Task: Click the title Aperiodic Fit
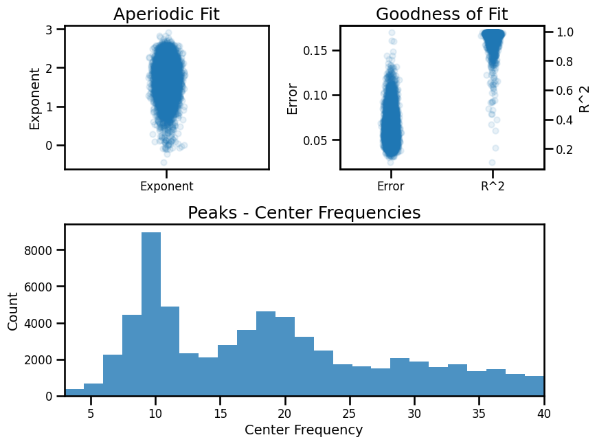pyautogui.click(x=166, y=14)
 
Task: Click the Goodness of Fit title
pyautogui.click(x=442, y=14)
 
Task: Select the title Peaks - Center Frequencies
pyautogui.click(x=304, y=213)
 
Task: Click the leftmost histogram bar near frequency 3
pyautogui.click(x=74, y=392)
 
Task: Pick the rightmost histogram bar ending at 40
pyautogui.click(x=534, y=386)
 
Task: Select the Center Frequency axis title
pyautogui.click(x=304, y=430)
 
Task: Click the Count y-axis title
pyautogui.click(x=13, y=310)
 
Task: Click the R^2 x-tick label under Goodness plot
pyautogui.click(x=493, y=186)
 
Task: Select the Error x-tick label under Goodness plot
pyautogui.click(x=390, y=186)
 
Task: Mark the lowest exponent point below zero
pyautogui.click(x=164, y=163)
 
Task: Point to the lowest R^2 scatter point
pyautogui.click(x=492, y=163)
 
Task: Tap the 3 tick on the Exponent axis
pyautogui.click(x=49, y=29)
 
